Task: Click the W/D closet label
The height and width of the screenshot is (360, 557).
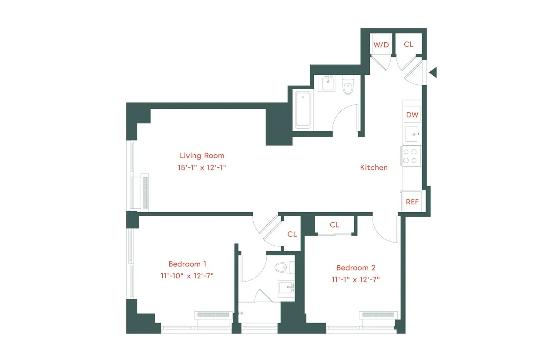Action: (381, 44)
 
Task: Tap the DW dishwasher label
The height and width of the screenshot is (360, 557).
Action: (412, 115)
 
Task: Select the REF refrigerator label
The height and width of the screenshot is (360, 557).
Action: (412, 202)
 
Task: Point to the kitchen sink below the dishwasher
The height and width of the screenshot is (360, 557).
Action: (412, 135)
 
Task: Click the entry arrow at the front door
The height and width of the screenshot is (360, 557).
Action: (433, 73)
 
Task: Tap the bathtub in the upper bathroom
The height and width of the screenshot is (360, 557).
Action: (304, 109)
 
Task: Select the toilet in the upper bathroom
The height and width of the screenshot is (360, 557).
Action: (348, 86)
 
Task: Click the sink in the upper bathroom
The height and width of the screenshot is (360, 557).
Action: (328, 83)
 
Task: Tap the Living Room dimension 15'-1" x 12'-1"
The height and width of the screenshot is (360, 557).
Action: (202, 167)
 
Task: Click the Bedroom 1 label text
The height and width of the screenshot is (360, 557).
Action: (187, 264)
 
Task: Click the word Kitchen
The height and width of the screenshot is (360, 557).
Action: (374, 167)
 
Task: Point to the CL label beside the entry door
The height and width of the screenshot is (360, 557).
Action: (409, 44)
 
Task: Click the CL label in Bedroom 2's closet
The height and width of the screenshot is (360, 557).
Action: (334, 225)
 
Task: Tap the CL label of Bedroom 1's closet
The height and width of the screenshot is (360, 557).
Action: (292, 234)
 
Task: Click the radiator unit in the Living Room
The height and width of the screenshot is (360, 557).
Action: (145, 192)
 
